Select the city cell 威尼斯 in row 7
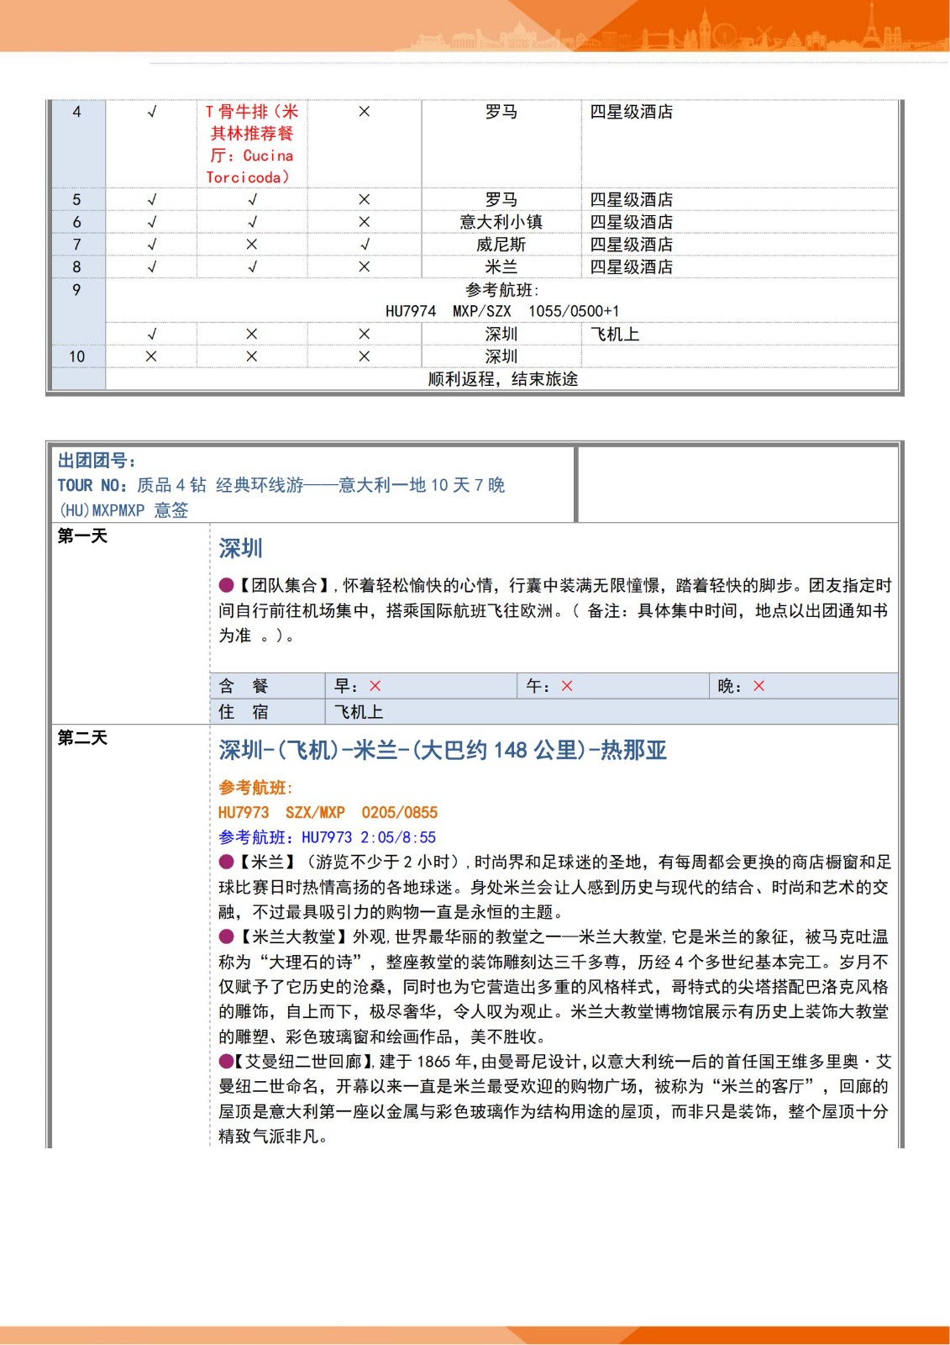coord(501,245)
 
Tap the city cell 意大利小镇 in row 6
coord(501,222)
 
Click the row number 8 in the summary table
coord(76,267)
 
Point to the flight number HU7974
coord(410,311)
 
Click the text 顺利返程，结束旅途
coord(502,379)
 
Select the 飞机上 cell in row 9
coord(615,335)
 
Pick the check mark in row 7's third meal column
coord(365,245)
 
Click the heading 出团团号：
coord(97,461)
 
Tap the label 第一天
coord(82,536)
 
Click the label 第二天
coord(82,738)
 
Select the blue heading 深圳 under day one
coord(240,549)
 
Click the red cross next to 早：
coord(375,686)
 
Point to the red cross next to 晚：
coord(758,686)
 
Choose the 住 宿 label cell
coord(244,712)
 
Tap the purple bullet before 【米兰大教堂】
coord(226,936)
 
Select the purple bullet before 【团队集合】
coord(226,585)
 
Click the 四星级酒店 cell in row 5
coord(631,200)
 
